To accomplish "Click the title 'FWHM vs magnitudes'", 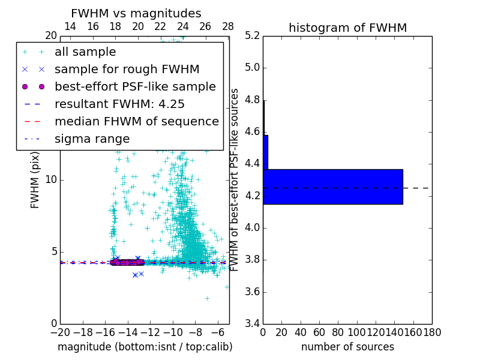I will tap(136, 13).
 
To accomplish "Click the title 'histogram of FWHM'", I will tap(347, 28).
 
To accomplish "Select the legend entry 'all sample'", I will tap(85, 52).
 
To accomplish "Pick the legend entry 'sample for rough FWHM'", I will tap(127, 69).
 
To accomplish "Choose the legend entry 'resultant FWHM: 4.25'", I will tap(119, 104).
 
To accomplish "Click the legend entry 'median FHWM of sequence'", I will tap(136, 121).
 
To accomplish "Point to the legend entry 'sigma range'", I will tap(92, 139).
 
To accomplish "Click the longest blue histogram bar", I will tap(332, 187).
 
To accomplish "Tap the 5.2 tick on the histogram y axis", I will tap(252, 35).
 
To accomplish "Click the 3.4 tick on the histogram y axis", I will tap(252, 324).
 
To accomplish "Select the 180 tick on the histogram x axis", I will tap(432, 332).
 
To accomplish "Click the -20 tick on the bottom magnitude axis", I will tap(60, 332).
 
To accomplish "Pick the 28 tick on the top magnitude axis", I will tap(228, 26).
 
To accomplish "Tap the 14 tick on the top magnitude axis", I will tap(70, 26).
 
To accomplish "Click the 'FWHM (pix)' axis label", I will tap(35, 180).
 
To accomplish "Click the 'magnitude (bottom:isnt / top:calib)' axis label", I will tap(145, 347).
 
